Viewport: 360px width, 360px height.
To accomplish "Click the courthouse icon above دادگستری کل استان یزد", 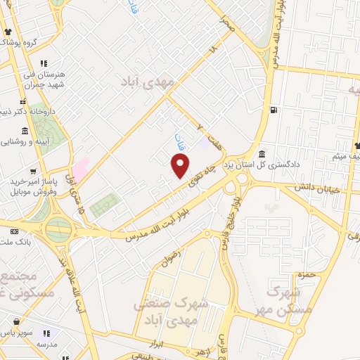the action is click(262, 153).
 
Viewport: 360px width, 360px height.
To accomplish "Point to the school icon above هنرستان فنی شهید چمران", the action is click(43, 63).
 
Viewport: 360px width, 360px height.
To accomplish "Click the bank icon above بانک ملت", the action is click(15, 231).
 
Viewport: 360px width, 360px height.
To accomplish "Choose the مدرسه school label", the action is click(46, 345).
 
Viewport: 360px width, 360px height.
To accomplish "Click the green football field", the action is click(104, 205).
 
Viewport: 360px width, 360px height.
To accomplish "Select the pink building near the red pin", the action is click(82, 168).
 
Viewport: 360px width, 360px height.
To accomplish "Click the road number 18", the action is click(214, 51).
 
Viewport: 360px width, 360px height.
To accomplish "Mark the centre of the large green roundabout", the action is click(59, 229).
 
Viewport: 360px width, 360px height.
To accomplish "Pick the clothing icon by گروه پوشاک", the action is click(8, 32).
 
